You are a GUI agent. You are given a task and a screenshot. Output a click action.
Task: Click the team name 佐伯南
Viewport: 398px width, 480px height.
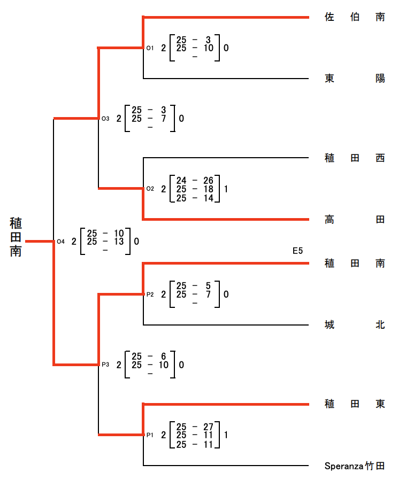(x=355, y=17)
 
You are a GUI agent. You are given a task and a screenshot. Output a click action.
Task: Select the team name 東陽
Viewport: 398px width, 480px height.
(x=355, y=79)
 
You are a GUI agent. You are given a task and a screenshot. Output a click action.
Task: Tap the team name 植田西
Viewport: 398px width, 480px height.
(x=355, y=158)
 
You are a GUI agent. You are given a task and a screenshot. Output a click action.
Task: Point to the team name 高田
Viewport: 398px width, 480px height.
(x=355, y=219)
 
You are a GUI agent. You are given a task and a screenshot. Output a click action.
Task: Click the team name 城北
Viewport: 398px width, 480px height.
(x=355, y=324)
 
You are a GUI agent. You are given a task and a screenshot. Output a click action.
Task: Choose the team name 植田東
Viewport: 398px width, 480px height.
(x=355, y=404)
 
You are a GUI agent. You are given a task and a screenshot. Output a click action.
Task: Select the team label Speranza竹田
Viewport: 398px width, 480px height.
(x=355, y=466)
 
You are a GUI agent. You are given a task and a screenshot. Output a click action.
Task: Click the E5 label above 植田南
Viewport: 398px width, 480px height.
(x=297, y=251)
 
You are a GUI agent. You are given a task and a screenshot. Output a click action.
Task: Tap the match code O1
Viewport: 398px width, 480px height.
(x=150, y=48)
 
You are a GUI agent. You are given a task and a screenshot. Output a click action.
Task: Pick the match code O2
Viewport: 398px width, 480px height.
(x=150, y=189)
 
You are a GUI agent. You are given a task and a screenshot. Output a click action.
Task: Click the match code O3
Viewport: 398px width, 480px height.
(x=105, y=119)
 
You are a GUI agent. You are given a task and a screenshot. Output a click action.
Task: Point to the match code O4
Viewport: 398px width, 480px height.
(x=60, y=242)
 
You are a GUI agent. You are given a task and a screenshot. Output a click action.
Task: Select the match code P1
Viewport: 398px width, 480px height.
(x=150, y=435)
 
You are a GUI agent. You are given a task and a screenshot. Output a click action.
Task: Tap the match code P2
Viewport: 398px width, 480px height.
(x=150, y=295)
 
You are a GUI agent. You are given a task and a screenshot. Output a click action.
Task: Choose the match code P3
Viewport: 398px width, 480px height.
(x=105, y=365)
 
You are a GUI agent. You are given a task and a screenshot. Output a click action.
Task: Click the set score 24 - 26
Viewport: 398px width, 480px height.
(x=195, y=181)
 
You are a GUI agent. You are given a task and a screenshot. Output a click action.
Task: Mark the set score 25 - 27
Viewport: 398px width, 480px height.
(x=195, y=427)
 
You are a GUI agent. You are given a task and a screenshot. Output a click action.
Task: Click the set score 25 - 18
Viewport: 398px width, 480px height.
(x=195, y=189)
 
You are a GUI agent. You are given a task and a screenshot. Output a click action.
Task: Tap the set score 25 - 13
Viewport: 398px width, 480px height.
(x=105, y=242)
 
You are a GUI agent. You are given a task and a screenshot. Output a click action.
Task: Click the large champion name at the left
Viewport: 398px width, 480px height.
(x=16, y=237)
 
